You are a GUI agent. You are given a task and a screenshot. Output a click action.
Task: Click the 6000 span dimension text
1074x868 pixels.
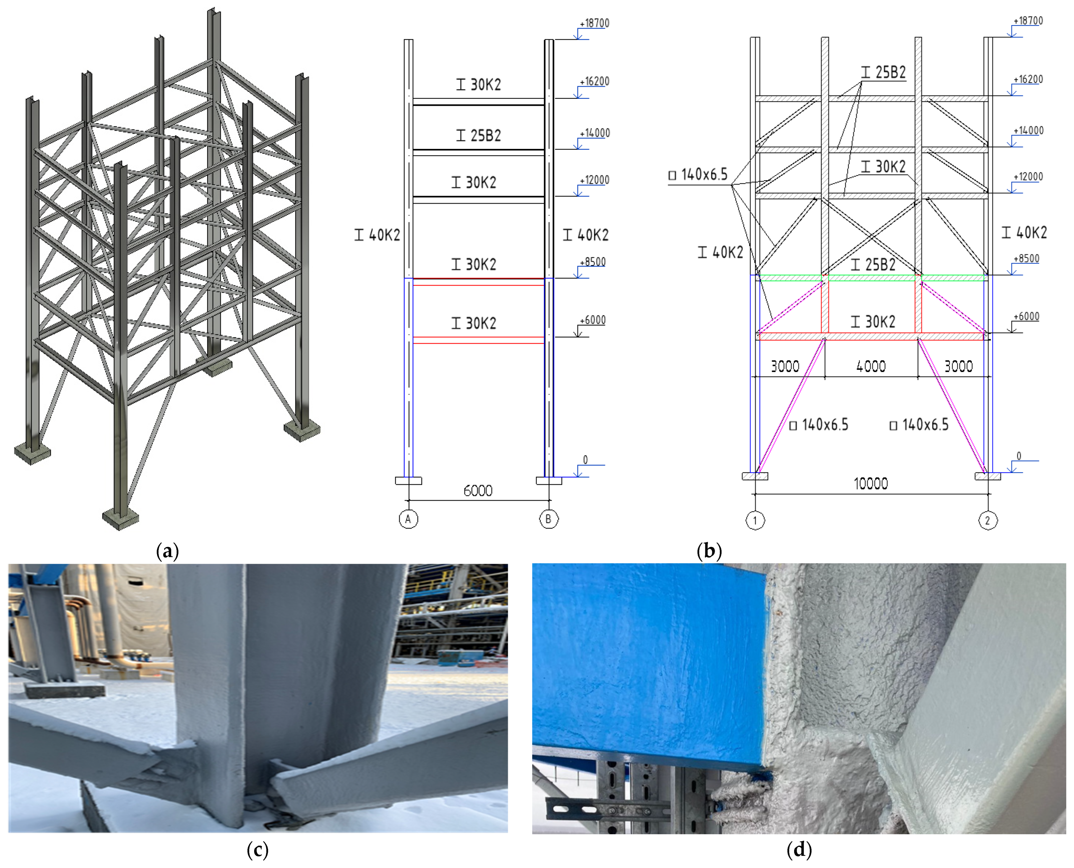478,491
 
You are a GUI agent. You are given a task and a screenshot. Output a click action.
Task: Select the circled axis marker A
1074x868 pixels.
408,519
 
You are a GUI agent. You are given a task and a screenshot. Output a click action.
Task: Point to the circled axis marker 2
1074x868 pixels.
987,521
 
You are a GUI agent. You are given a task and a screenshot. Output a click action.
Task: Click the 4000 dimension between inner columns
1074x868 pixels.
871,366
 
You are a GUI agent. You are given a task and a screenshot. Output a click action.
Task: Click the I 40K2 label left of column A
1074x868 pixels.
377,235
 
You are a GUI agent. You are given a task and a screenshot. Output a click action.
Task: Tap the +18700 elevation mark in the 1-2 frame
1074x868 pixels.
1028,21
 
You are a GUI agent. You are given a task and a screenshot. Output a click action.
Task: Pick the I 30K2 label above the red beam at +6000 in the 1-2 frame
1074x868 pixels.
873,322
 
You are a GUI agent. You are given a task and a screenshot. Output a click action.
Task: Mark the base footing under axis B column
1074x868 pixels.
549,481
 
